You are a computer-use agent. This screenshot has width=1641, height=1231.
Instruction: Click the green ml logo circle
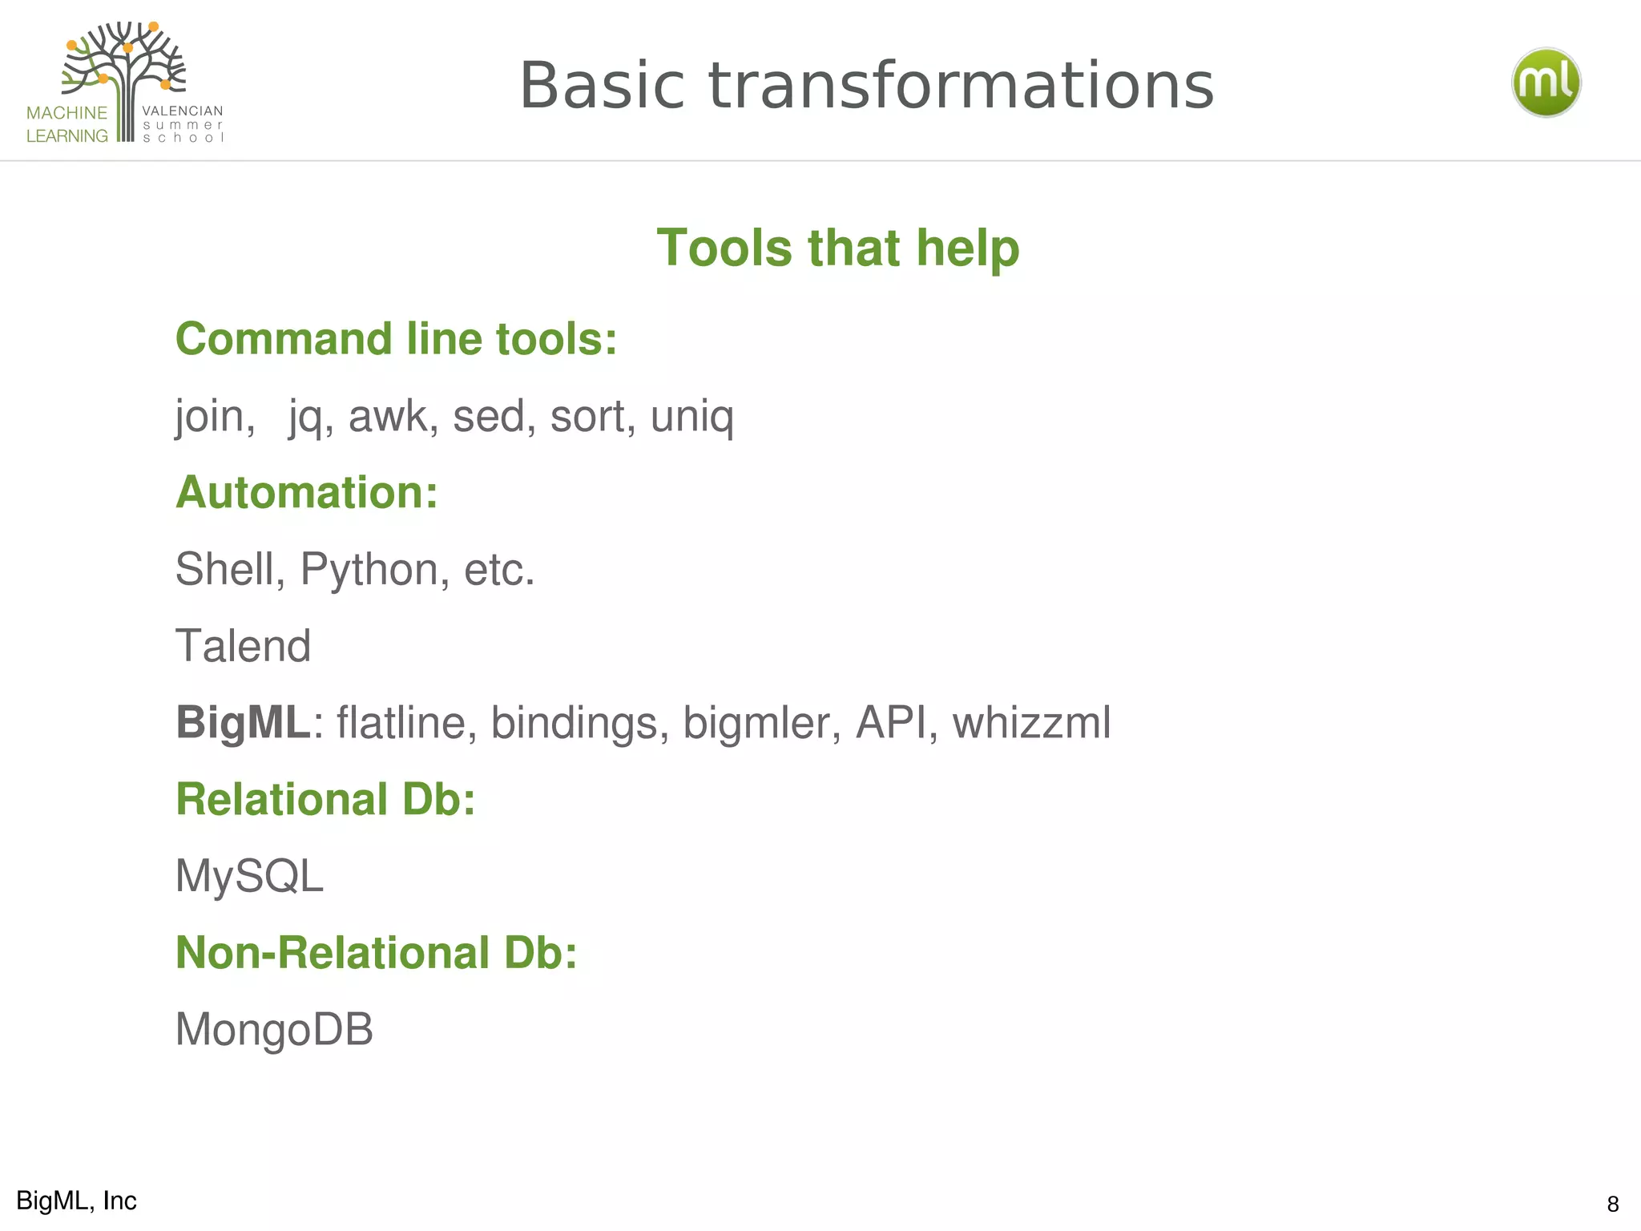pyautogui.click(x=1546, y=83)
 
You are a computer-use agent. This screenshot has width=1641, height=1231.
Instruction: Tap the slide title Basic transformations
pyautogui.click(x=867, y=86)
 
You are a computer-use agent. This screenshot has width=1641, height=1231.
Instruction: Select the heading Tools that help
pyautogui.click(x=837, y=248)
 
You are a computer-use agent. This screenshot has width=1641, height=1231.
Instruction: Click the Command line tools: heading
pyautogui.click(x=396, y=339)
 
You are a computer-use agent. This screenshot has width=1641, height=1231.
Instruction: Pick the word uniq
pyautogui.click(x=692, y=417)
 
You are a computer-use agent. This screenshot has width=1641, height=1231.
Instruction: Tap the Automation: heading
pyautogui.click(x=307, y=492)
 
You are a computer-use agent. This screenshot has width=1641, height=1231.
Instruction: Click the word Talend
pyautogui.click(x=243, y=646)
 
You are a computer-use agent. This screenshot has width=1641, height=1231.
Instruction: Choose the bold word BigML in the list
pyautogui.click(x=243, y=722)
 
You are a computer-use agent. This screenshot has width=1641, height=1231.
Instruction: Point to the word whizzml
pyautogui.click(x=1031, y=722)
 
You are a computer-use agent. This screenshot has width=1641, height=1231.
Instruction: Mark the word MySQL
pyautogui.click(x=249, y=876)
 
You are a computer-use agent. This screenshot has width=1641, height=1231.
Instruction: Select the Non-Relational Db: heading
pyautogui.click(x=376, y=953)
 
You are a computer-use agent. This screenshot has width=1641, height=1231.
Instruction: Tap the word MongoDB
pyautogui.click(x=274, y=1029)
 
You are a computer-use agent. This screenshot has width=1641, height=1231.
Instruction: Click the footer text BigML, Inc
pyautogui.click(x=76, y=1201)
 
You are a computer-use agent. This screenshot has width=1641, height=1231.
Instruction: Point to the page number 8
pyautogui.click(x=1613, y=1204)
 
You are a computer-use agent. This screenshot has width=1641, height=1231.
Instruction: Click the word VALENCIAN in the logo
pyautogui.click(x=183, y=111)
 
